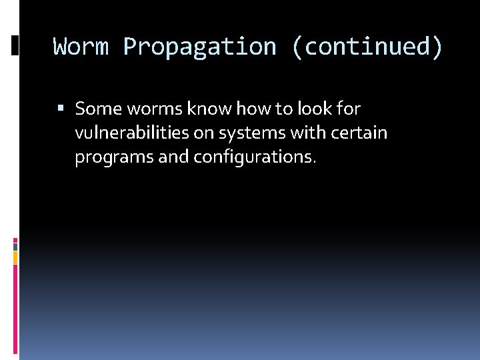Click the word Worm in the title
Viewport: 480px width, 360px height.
[x=81, y=47]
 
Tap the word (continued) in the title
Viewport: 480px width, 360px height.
[x=366, y=47]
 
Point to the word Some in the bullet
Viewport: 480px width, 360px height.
[x=96, y=108]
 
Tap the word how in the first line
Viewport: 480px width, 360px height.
[x=251, y=108]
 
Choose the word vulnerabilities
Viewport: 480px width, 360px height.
[x=131, y=133]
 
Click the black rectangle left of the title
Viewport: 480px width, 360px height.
[x=15, y=45]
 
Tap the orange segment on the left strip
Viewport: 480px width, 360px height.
[x=15, y=257]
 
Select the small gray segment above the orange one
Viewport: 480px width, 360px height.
[x=15, y=245]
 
